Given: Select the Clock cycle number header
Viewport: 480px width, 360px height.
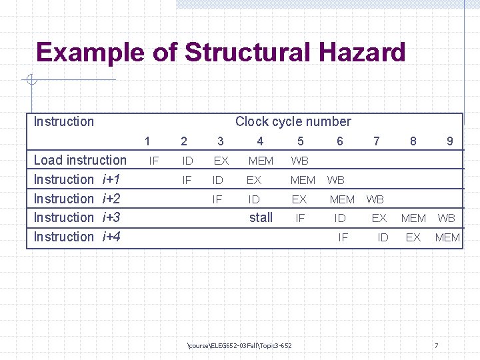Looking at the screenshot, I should tap(293, 121).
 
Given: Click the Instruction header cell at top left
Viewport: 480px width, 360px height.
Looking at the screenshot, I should tap(64, 121).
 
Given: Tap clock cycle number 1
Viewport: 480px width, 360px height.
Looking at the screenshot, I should tap(147, 141).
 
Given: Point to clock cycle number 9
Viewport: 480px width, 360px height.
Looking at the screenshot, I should tap(450, 141).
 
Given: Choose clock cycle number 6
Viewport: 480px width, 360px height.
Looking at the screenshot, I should tap(340, 141).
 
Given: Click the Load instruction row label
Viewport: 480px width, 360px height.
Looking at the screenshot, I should tap(80, 160).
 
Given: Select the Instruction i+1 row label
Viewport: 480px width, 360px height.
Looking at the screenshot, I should tap(77, 179).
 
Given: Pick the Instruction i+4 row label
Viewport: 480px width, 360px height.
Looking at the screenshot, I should tap(77, 237).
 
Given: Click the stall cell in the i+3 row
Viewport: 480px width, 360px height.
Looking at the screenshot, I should tap(261, 217).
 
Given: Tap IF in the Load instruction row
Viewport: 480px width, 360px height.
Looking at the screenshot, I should tap(153, 161).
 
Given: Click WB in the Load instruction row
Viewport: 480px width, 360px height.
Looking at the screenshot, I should tap(300, 161).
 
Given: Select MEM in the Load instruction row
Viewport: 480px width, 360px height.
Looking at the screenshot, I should tap(261, 161).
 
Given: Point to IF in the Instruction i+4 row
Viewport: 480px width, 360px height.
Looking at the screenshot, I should tap(343, 237).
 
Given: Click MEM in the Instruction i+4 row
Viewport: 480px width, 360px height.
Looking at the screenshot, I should tap(447, 237).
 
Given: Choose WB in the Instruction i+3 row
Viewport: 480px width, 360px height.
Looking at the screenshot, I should tap(446, 218).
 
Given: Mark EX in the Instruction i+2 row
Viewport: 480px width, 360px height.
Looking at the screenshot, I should tap(299, 199).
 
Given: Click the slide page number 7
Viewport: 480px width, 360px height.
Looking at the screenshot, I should tap(436, 345).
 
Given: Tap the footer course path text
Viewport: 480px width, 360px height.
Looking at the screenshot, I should tap(240, 345).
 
